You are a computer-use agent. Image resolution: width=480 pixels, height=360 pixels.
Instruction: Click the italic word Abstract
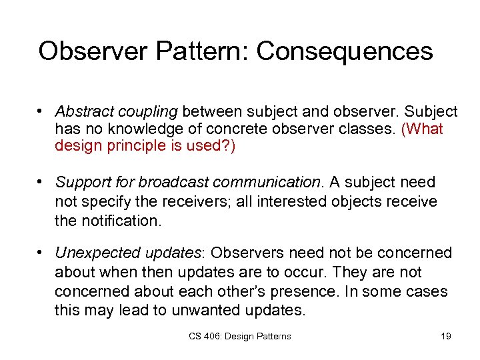click(x=83, y=111)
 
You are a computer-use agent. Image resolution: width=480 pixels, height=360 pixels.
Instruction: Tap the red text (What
click(x=423, y=129)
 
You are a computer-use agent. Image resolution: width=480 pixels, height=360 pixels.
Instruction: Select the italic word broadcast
click(x=174, y=182)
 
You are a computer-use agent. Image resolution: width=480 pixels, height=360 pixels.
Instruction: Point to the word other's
click(x=272, y=292)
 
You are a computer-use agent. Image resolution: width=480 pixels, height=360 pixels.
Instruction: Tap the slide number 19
click(x=445, y=336)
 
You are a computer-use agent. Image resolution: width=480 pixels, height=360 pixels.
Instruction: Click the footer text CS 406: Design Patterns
click(x=239, y=336)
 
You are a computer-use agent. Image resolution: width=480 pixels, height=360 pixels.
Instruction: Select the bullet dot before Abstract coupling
click(x=41, y=111)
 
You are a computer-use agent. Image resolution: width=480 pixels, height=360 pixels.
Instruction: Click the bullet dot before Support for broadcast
click(x=41, y=182)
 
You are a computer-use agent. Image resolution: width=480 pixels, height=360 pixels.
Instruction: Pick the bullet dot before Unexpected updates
click(x=41, y=253)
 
